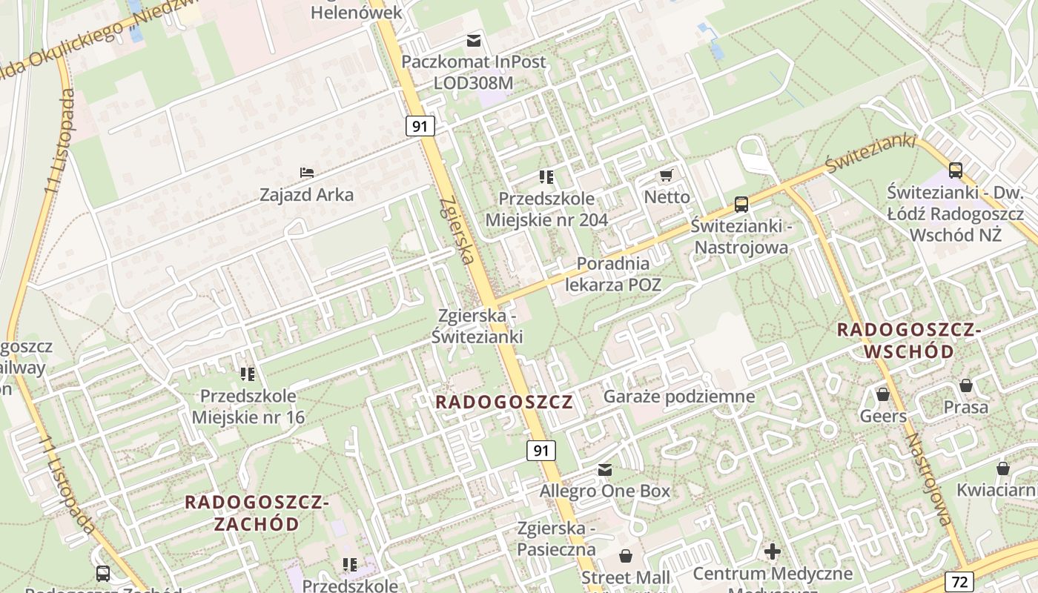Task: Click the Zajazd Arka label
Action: (x=306, y=195)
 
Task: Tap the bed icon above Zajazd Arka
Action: (x=307, y=173)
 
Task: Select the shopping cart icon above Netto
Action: (x=666, y=176)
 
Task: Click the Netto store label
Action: (x=667, y=197)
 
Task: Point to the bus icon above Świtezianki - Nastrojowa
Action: (x=741, y=205)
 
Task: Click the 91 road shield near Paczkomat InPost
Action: (x=420, y=126)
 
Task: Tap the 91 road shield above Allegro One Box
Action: (x=541, y=450)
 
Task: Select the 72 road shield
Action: (x=958, y=580)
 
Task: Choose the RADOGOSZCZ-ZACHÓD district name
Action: (x=257, y=513)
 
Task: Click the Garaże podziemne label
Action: (x=679, y=397)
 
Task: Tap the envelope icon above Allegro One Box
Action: (x=605, y=470)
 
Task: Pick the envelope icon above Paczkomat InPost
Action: (x=473, y=40)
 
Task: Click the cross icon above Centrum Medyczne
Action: (x=773, y=551)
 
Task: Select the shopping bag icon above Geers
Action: (x=882, y=394)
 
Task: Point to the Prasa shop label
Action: (x=965, y=407)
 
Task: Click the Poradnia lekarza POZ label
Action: (x=613, y=274)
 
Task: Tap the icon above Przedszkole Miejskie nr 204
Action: (x=546, y=176)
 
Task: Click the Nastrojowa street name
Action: (x=928, y=478)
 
